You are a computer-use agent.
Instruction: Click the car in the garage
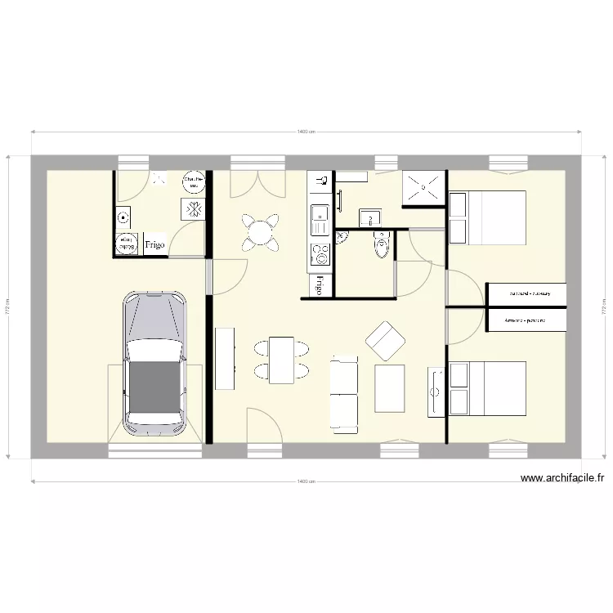(154, 364)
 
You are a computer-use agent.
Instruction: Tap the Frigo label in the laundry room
(155, 244)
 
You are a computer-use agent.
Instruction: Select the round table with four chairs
(260, 232)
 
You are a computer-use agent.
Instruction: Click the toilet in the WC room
(381, 244)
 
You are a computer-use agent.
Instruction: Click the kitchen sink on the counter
(319, 216)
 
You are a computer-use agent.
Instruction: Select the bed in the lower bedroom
(487, 388)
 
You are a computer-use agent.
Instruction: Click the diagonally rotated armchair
(385, 341)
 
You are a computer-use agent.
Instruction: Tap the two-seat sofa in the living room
(344, 394)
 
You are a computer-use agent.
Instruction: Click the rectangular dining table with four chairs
(282, 360)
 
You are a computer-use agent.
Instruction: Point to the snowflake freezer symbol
(195, 209)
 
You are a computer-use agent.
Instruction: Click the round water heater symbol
(193, 181)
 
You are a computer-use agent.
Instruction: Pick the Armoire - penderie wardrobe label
(525, 320)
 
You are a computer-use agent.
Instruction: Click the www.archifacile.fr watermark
(562, 479)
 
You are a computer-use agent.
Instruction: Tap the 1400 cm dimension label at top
(306, 131)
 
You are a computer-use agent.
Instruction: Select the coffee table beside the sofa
(390, 388)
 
